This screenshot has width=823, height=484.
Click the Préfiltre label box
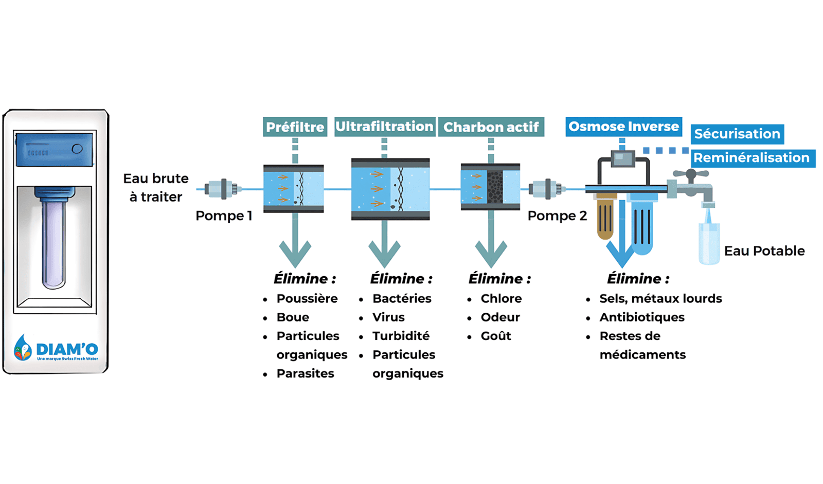coord(295,127)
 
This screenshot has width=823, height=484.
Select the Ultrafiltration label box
coord(384,127)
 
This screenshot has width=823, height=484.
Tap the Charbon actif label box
coord(491,127)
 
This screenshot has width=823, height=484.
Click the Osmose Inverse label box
coord(623,127)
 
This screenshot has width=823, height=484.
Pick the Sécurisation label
coord(737,134)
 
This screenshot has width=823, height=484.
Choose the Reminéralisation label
coord(752,158)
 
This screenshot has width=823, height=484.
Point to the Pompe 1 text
coord(224,216)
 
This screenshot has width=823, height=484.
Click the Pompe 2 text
coord(557,216)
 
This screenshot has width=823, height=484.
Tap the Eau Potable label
coord(764,251)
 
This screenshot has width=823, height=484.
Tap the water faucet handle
coord(691,175)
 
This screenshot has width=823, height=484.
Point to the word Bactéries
coord(402,299)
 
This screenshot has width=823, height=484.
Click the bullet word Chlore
coord(501,299)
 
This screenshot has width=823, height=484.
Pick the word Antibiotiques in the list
coord(641,317)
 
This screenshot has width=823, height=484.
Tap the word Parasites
coord(305,373)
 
